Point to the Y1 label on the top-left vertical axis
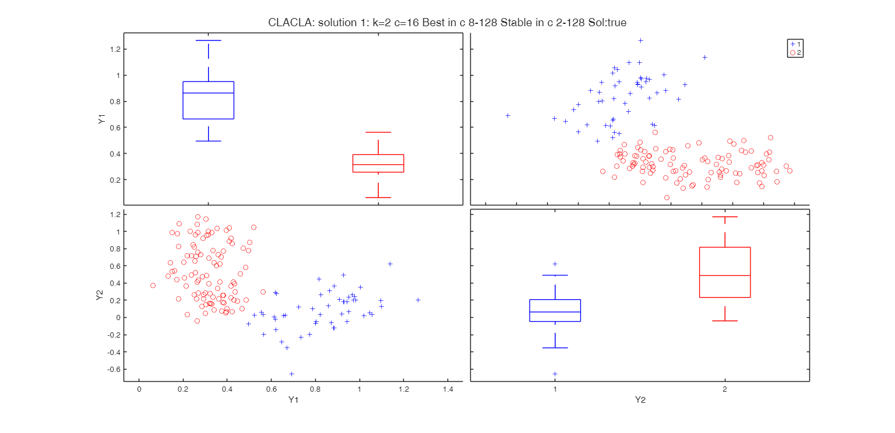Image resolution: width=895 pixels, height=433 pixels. [x=102, y=120]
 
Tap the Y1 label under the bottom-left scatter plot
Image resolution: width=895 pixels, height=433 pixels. [x=293, y=400]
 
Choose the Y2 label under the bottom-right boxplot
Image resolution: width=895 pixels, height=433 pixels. [x=640, y=400]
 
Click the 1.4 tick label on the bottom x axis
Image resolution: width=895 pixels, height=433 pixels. [x=448, y=389]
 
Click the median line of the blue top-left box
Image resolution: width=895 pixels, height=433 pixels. [x=209, y=93]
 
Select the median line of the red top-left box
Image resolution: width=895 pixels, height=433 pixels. [x=378, y=165]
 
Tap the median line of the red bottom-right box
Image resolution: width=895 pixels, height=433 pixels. [x=725, y=275]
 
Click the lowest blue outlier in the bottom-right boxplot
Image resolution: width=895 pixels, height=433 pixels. [x=555, y=374]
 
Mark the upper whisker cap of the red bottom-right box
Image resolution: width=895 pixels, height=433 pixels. [x=725, y=217]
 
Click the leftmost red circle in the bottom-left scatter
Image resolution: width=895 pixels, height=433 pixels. [x=153, y=286]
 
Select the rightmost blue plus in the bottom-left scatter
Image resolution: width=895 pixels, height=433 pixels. [x=418, y=300]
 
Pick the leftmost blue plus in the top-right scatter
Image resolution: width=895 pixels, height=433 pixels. [x=508, y=115]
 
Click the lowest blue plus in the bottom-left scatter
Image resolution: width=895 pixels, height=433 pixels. [x=291, y=374]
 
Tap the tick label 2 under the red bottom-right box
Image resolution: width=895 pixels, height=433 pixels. [x=725, y=389]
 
